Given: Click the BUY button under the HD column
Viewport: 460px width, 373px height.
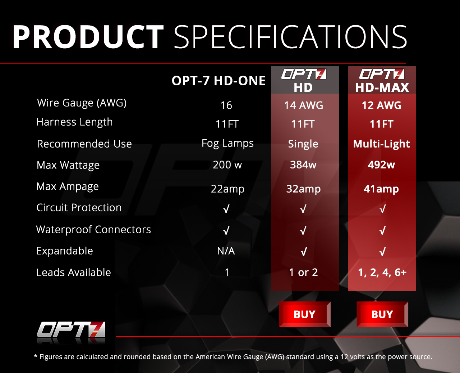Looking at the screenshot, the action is click(x=305, y=314).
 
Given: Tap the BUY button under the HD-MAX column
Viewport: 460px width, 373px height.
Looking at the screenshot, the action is click(x=382, y=314).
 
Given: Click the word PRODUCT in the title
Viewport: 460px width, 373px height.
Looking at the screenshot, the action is click(x=88, y=37).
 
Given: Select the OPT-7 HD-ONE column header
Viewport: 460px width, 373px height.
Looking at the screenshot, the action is click(x=218, y=81).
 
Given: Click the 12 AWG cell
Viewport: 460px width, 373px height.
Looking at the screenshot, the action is click(x=381, y=105).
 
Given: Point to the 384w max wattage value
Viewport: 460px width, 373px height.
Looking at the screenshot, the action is click(x=303, y=165).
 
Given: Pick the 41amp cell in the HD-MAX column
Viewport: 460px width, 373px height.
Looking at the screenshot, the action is click(x=381, y=189).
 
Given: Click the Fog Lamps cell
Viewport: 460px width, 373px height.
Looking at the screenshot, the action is click(x=227, y=143).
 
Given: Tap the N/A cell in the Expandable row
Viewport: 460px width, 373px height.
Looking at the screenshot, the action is click(x=226, y=251).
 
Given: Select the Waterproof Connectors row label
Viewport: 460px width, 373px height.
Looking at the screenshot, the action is click(x=93, y=230).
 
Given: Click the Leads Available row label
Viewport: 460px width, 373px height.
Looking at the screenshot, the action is click(x=74, y=273).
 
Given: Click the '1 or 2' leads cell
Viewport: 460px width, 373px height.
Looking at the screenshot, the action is click(x=303, y=273).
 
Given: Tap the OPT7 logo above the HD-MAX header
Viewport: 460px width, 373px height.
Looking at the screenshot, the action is click(x=382, y=74).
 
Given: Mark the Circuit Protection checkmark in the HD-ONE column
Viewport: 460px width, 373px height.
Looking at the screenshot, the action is click(x=226, y=209).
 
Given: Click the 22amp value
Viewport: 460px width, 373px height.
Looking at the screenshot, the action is click(x=227, y=189).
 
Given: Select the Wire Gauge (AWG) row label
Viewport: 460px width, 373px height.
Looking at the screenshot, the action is click(x=82, y=103).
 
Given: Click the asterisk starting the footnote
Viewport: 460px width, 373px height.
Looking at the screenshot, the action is click(x=36, y=356).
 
